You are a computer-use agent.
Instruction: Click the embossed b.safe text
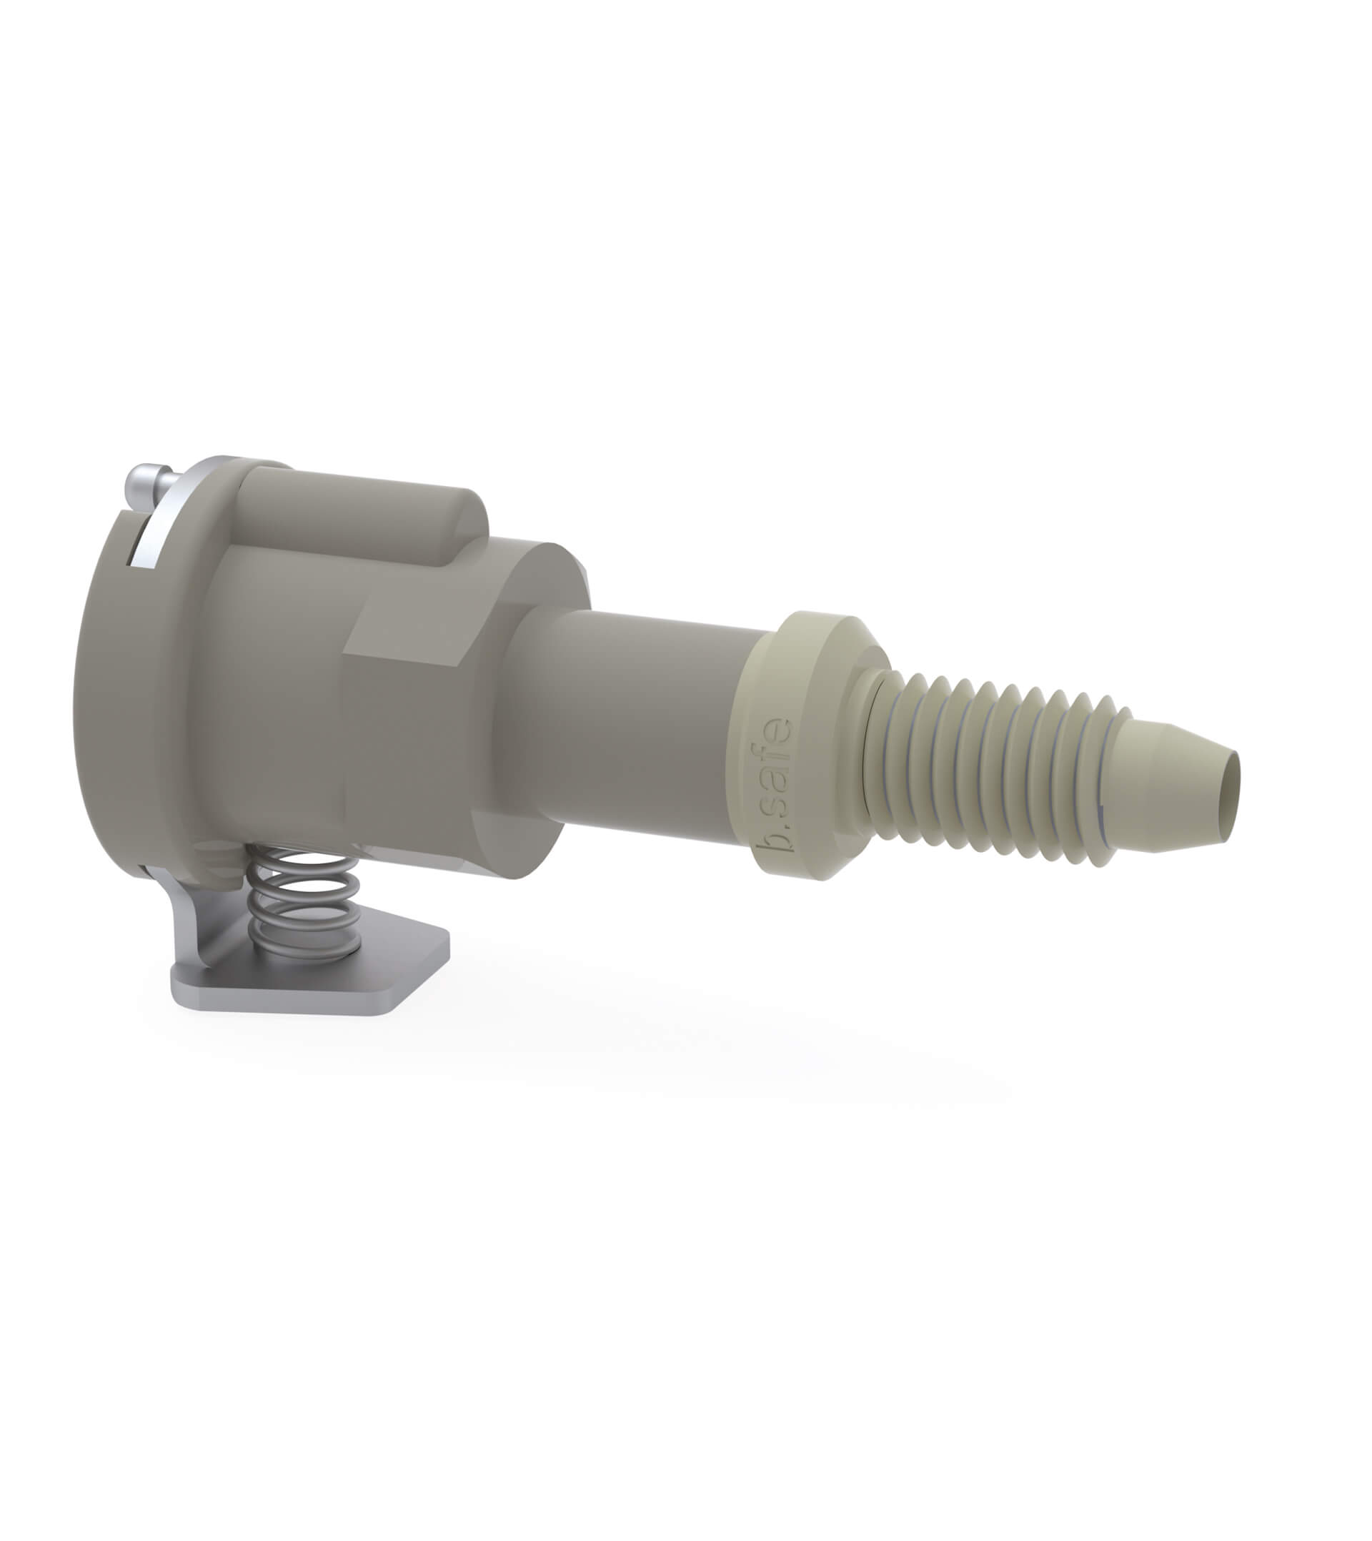click(x=775, y=786)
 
